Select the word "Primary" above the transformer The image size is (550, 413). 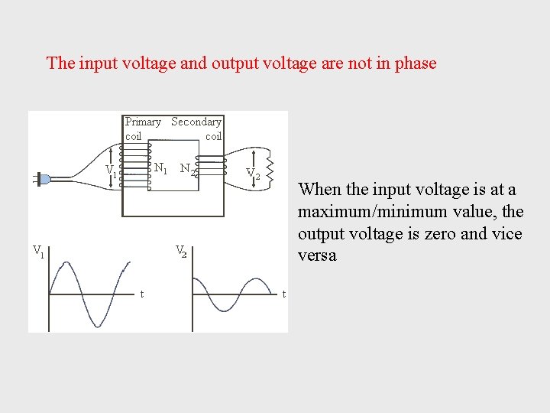143,122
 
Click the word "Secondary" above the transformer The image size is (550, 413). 196,122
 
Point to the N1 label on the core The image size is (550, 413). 160,168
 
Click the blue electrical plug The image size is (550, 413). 43,179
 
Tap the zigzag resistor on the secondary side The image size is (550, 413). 268,174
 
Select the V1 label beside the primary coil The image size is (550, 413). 111,170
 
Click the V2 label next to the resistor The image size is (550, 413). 253,175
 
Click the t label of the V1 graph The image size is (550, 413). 142,294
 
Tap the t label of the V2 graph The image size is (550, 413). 283,294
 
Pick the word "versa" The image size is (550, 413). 317,255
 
